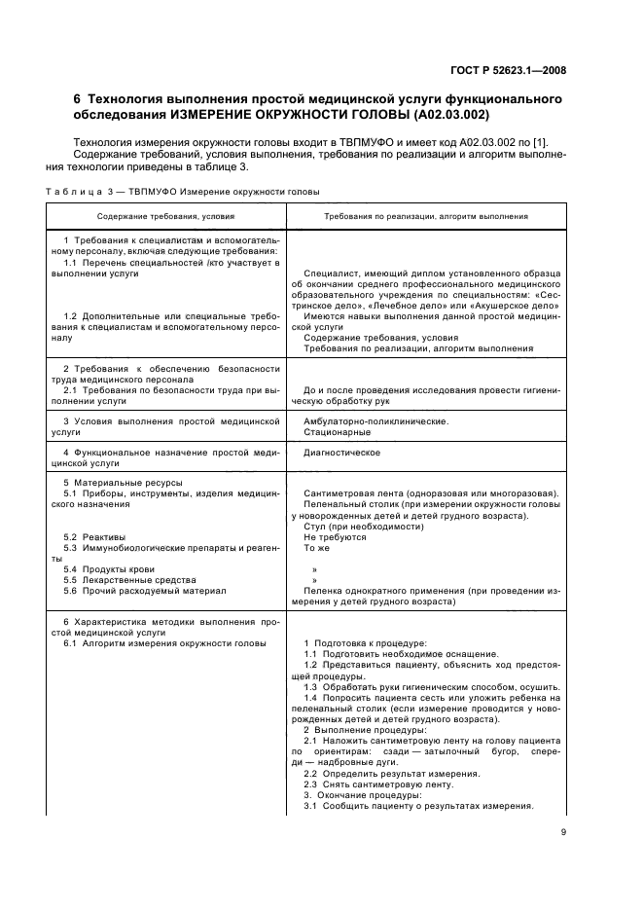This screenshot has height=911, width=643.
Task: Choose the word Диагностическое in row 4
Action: pyautogui.click(x=341, y=453)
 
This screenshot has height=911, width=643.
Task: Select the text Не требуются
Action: pyautogui.click(x=335, y=537)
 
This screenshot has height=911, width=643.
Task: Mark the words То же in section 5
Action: pyautogui.click(x=317, y=548)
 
